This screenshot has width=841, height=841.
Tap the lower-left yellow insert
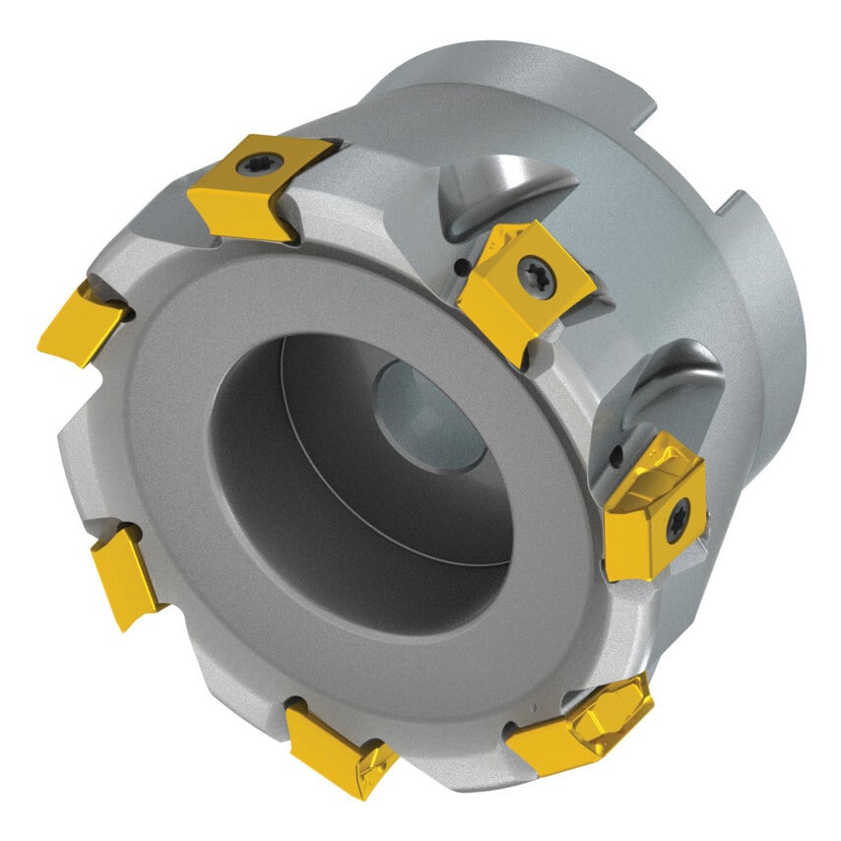coord(126,574)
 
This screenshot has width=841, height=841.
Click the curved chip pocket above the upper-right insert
coord(502,192)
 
